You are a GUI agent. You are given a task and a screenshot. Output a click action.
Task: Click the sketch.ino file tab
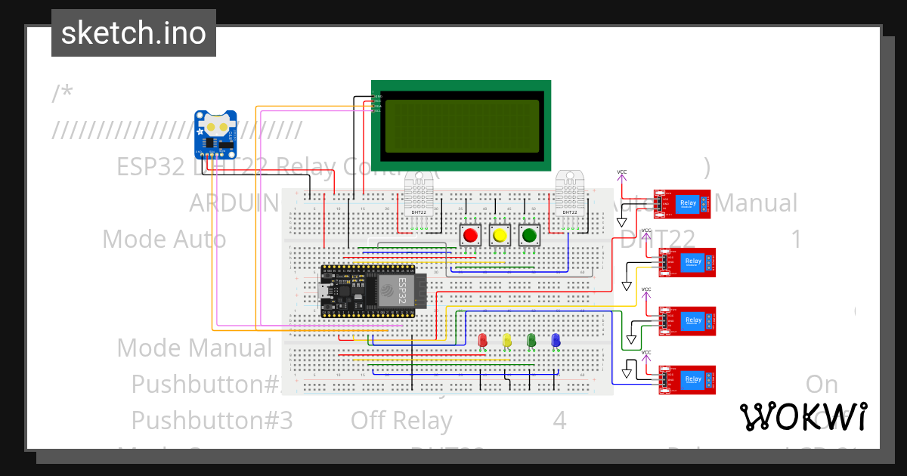point(133,33)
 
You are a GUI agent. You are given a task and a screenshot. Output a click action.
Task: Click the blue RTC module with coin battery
point(216,134)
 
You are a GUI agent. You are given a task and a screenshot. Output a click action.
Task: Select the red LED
point(483,341)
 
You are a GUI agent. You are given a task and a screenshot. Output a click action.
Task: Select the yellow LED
point(507,341)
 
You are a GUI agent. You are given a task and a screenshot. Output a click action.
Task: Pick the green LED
point(531,341)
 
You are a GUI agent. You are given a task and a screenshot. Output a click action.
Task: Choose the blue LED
point(556,341)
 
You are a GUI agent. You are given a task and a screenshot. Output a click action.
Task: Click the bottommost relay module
point(688,380)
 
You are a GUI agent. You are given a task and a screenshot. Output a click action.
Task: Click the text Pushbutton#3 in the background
point(212,420)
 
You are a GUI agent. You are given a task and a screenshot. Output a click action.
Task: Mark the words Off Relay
point(401,420)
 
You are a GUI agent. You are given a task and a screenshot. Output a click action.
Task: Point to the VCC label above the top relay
point(622,172)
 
